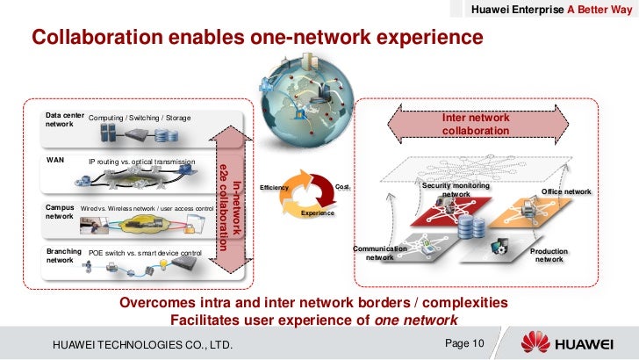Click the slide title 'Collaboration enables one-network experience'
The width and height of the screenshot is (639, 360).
tap(257, 38)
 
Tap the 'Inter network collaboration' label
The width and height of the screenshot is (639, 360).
tap(475, 123)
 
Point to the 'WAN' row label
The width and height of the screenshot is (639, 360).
tap(54, 162)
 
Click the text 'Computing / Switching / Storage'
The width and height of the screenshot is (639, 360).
tap(140, 119)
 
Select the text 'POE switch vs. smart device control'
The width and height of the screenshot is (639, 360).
tap(146, 253)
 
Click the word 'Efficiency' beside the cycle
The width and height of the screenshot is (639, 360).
tap(274, 189)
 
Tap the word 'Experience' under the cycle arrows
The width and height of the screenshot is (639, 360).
tap(317, 214)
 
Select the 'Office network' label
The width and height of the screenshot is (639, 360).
tap(566, 191)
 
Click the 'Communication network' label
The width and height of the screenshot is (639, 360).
tap(379, 253)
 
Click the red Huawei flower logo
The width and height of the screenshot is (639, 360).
tap(535, 342)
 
